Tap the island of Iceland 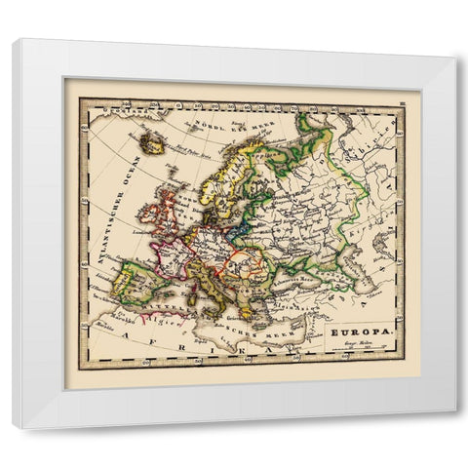pyautogui.click(x=152, y=142)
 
